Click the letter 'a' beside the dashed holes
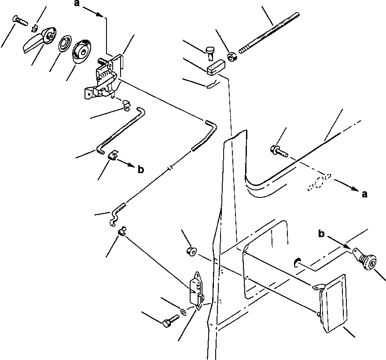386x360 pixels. point(364,193)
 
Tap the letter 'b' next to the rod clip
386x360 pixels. point(140,170)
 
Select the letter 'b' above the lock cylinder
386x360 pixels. point(321,234)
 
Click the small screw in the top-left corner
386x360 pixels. point(20,20)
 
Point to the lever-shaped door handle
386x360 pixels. point(37,40)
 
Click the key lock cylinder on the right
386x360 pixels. point(366,262)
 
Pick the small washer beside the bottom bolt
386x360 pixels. point(183,313)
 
